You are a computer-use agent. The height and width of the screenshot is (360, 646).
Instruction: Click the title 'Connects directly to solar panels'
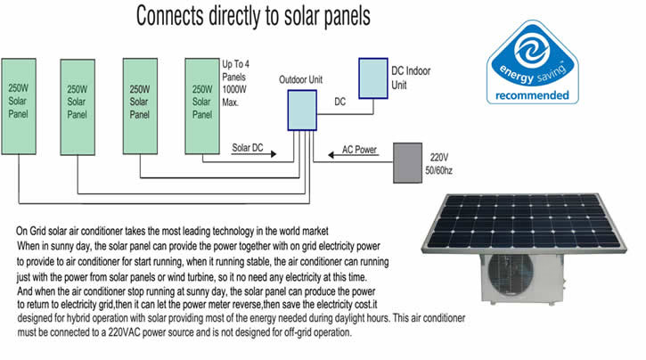pos(253,16)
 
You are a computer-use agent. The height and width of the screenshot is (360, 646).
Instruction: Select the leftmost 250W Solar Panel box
pos(19,106)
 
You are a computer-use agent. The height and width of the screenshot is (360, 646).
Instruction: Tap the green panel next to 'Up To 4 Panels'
pos(202,106)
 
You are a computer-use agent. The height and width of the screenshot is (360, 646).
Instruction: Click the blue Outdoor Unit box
pos(302,110)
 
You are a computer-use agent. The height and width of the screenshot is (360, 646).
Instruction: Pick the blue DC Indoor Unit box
pos(373,78)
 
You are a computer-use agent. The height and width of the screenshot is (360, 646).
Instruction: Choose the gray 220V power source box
pos(407,163)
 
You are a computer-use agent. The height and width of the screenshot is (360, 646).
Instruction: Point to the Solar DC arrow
pos(254,154)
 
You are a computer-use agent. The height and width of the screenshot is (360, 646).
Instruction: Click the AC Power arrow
pos(353,155)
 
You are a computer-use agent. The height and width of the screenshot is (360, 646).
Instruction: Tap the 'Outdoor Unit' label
pos(301,79)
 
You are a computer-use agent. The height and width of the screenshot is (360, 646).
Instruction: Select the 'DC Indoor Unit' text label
pos(411,78)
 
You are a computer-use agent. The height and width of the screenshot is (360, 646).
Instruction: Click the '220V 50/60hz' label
pos(438,164)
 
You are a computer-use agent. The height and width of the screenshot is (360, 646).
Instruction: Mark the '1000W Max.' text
pos(234,95)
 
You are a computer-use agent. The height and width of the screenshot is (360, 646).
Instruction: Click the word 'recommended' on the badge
pos(532,95)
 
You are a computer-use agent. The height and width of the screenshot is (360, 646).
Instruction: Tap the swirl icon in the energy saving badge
pos(532,51)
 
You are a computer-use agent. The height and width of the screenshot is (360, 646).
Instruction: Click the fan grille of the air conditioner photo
pos(511,274)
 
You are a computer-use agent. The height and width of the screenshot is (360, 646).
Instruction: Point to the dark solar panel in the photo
pos(524,223)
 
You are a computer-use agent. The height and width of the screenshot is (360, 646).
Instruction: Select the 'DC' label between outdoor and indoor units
pos(339,102)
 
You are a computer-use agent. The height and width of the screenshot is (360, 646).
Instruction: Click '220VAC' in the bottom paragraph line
pos(124,332)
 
